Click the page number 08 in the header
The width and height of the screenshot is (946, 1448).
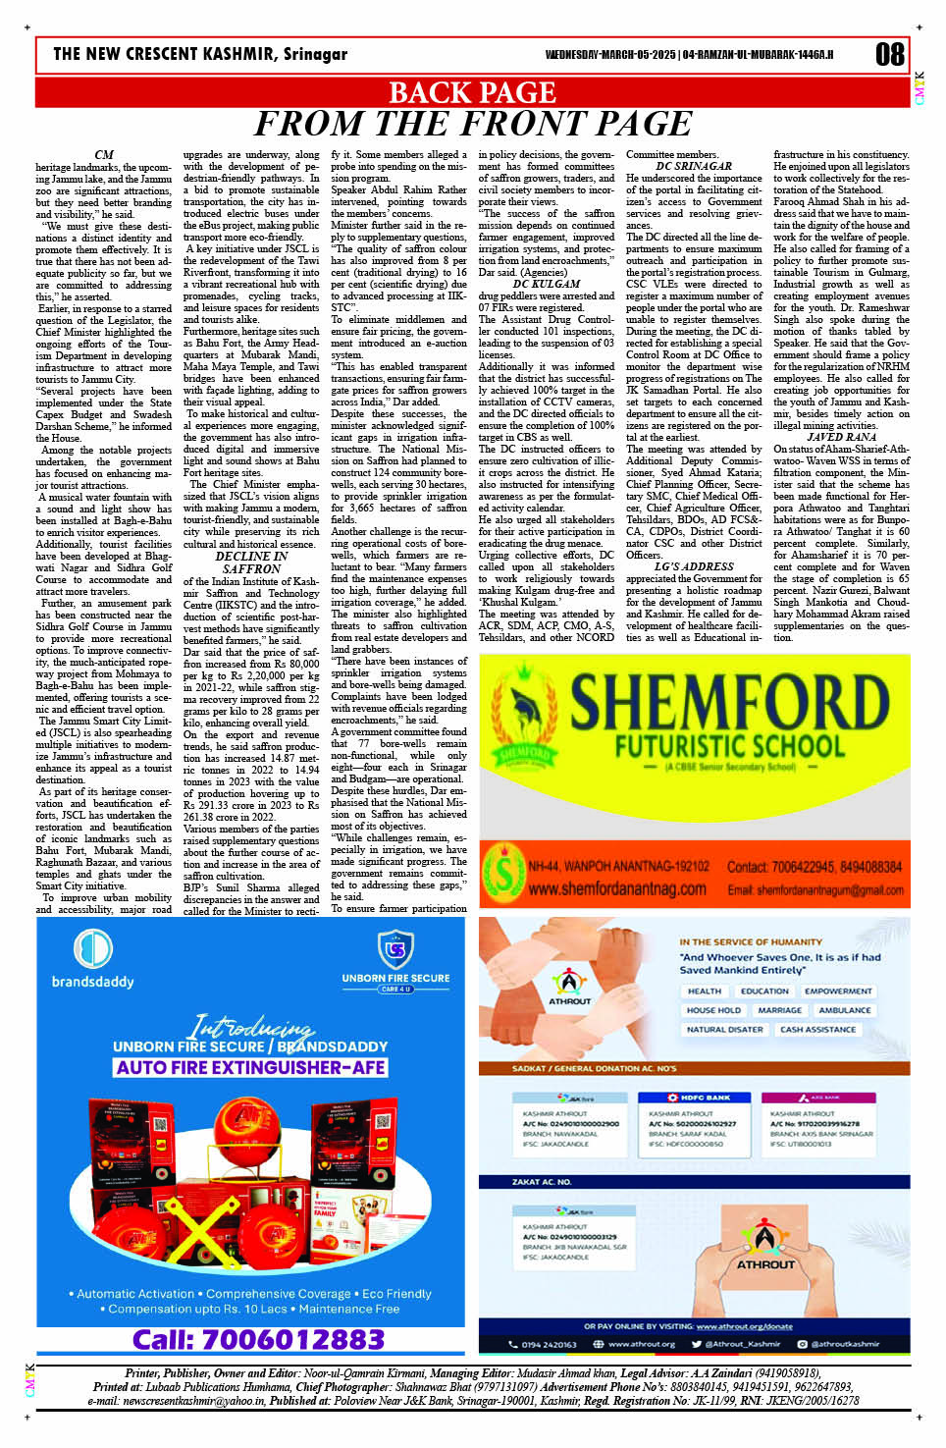click(x=889, y=55)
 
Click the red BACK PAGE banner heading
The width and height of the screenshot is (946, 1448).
click(x=472, y=92)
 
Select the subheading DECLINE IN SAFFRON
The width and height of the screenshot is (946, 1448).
click(x=251, y=563)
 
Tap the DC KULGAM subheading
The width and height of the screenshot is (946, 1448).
click(x=547, y=284)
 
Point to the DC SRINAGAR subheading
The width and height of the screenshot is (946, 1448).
click(x=693, y=166)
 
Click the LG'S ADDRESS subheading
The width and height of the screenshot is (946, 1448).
click(x=694, y=566)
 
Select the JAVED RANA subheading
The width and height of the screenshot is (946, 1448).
click(x=841, y=437)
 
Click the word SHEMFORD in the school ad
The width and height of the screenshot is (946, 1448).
click(x=729, y=703)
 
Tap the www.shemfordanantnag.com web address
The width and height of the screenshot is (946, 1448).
click(x=616, y=888)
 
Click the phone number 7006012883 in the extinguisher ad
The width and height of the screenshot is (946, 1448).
click(x=258, y=1339)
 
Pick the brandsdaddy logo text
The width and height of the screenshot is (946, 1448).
click(x=92, y=981)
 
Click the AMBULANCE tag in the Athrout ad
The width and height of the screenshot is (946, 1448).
click(x=844, y=1009)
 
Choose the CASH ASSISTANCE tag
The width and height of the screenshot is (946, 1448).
click(x=817, y=1029)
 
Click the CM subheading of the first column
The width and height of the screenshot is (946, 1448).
click(x=104, y=154)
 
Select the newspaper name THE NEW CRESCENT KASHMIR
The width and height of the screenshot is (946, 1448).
click(x=200, y=54)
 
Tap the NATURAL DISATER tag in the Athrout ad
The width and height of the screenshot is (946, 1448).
click(x=724, y=1029)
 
